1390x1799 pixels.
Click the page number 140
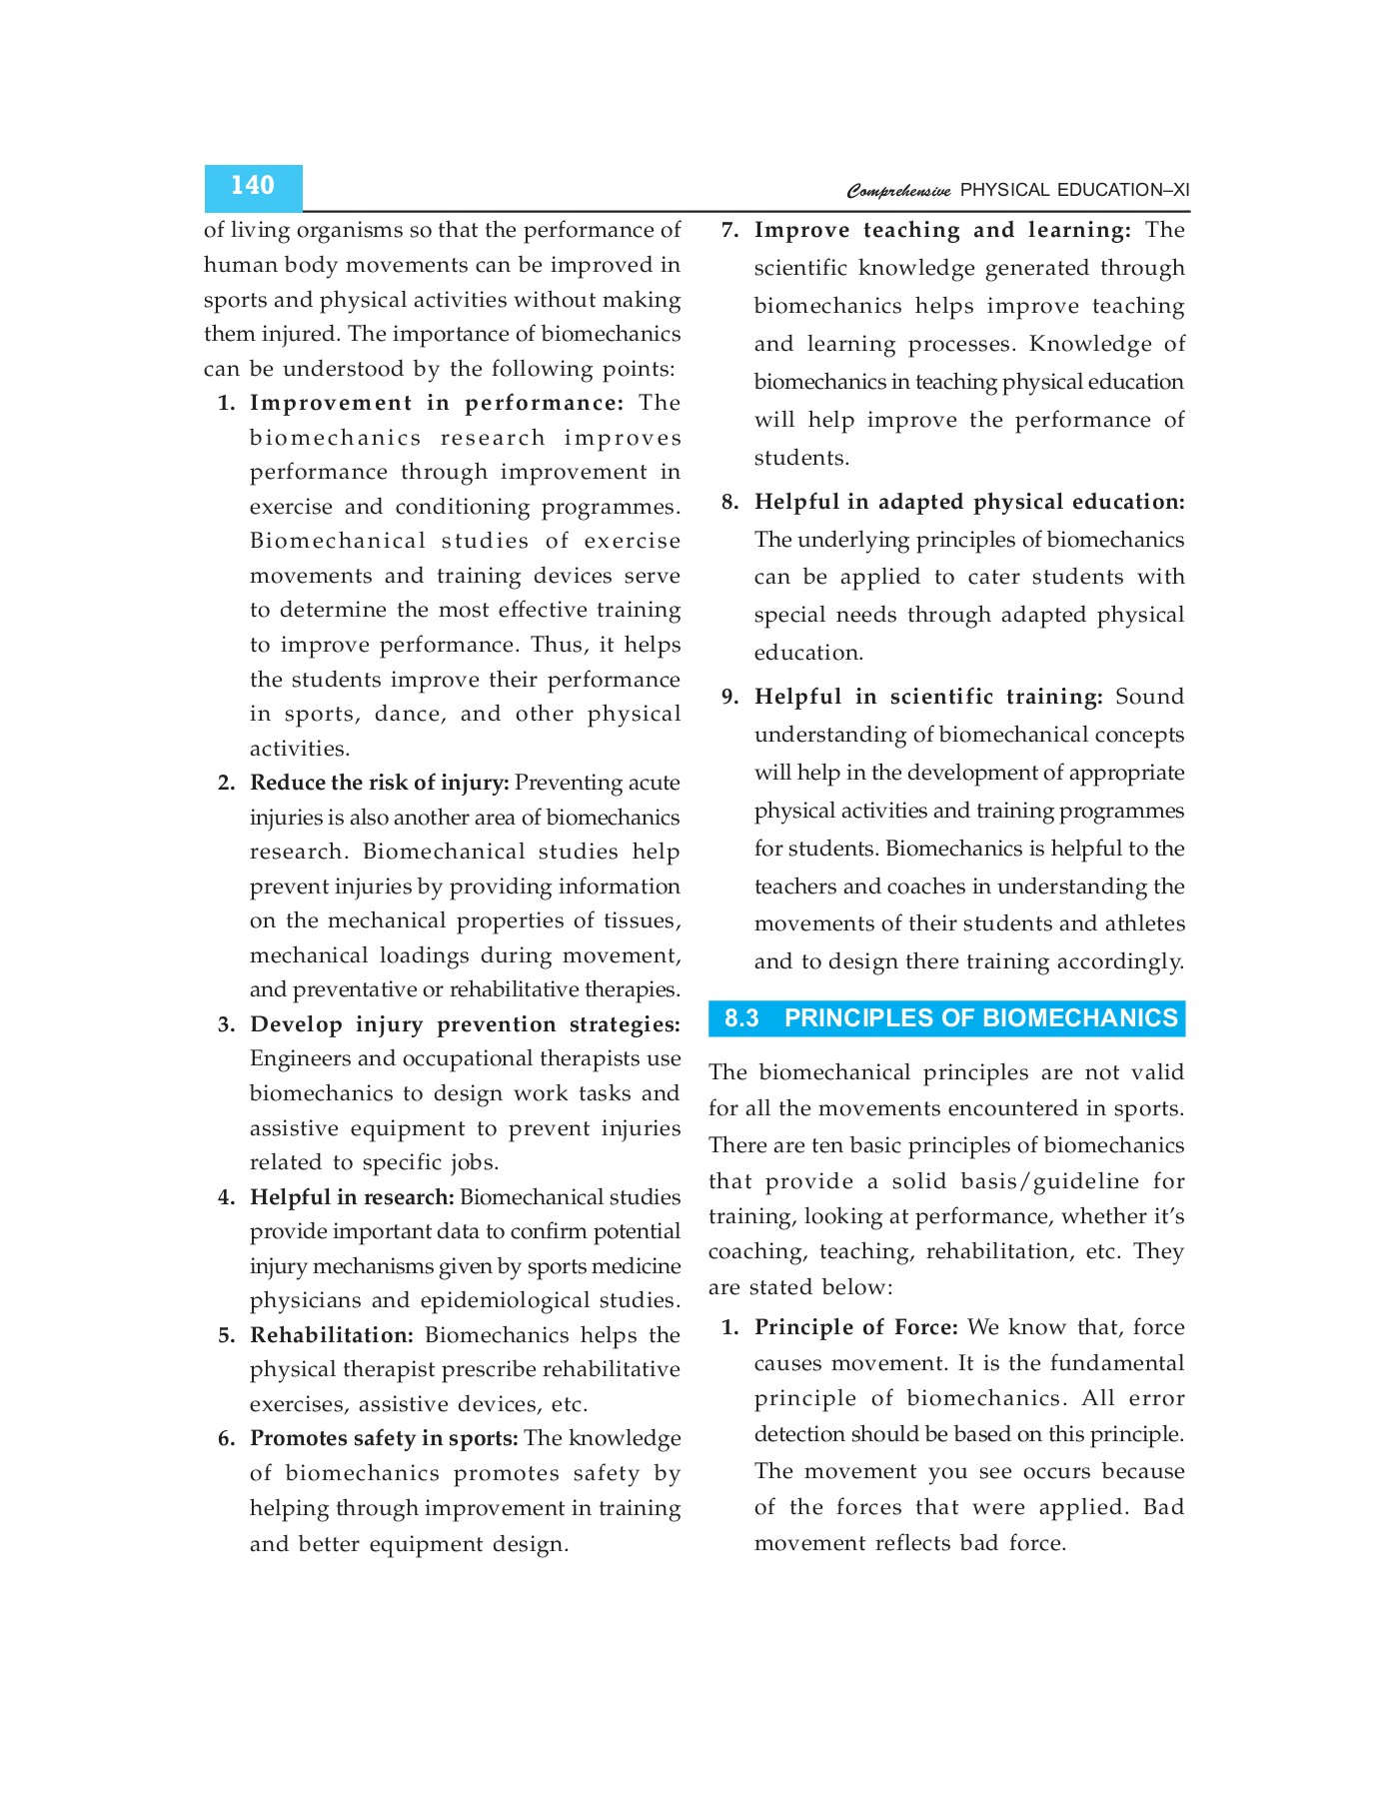(252, 186)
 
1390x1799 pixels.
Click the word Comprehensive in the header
(898, 191)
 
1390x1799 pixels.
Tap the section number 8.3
(741, 1018)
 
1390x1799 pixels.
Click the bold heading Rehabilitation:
(331, 1335)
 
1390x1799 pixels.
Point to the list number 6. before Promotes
(227, 1439)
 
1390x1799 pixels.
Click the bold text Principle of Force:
(855, 1327)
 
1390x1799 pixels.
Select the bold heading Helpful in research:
(352, 1197)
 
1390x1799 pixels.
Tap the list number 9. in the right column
(730, 697)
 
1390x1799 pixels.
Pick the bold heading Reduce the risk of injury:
(379, 783)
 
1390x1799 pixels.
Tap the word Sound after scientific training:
(1149, 697)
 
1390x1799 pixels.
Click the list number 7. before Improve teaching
(730, 231)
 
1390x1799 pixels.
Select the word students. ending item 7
(801, 459)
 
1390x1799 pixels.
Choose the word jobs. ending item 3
(474, 1163)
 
